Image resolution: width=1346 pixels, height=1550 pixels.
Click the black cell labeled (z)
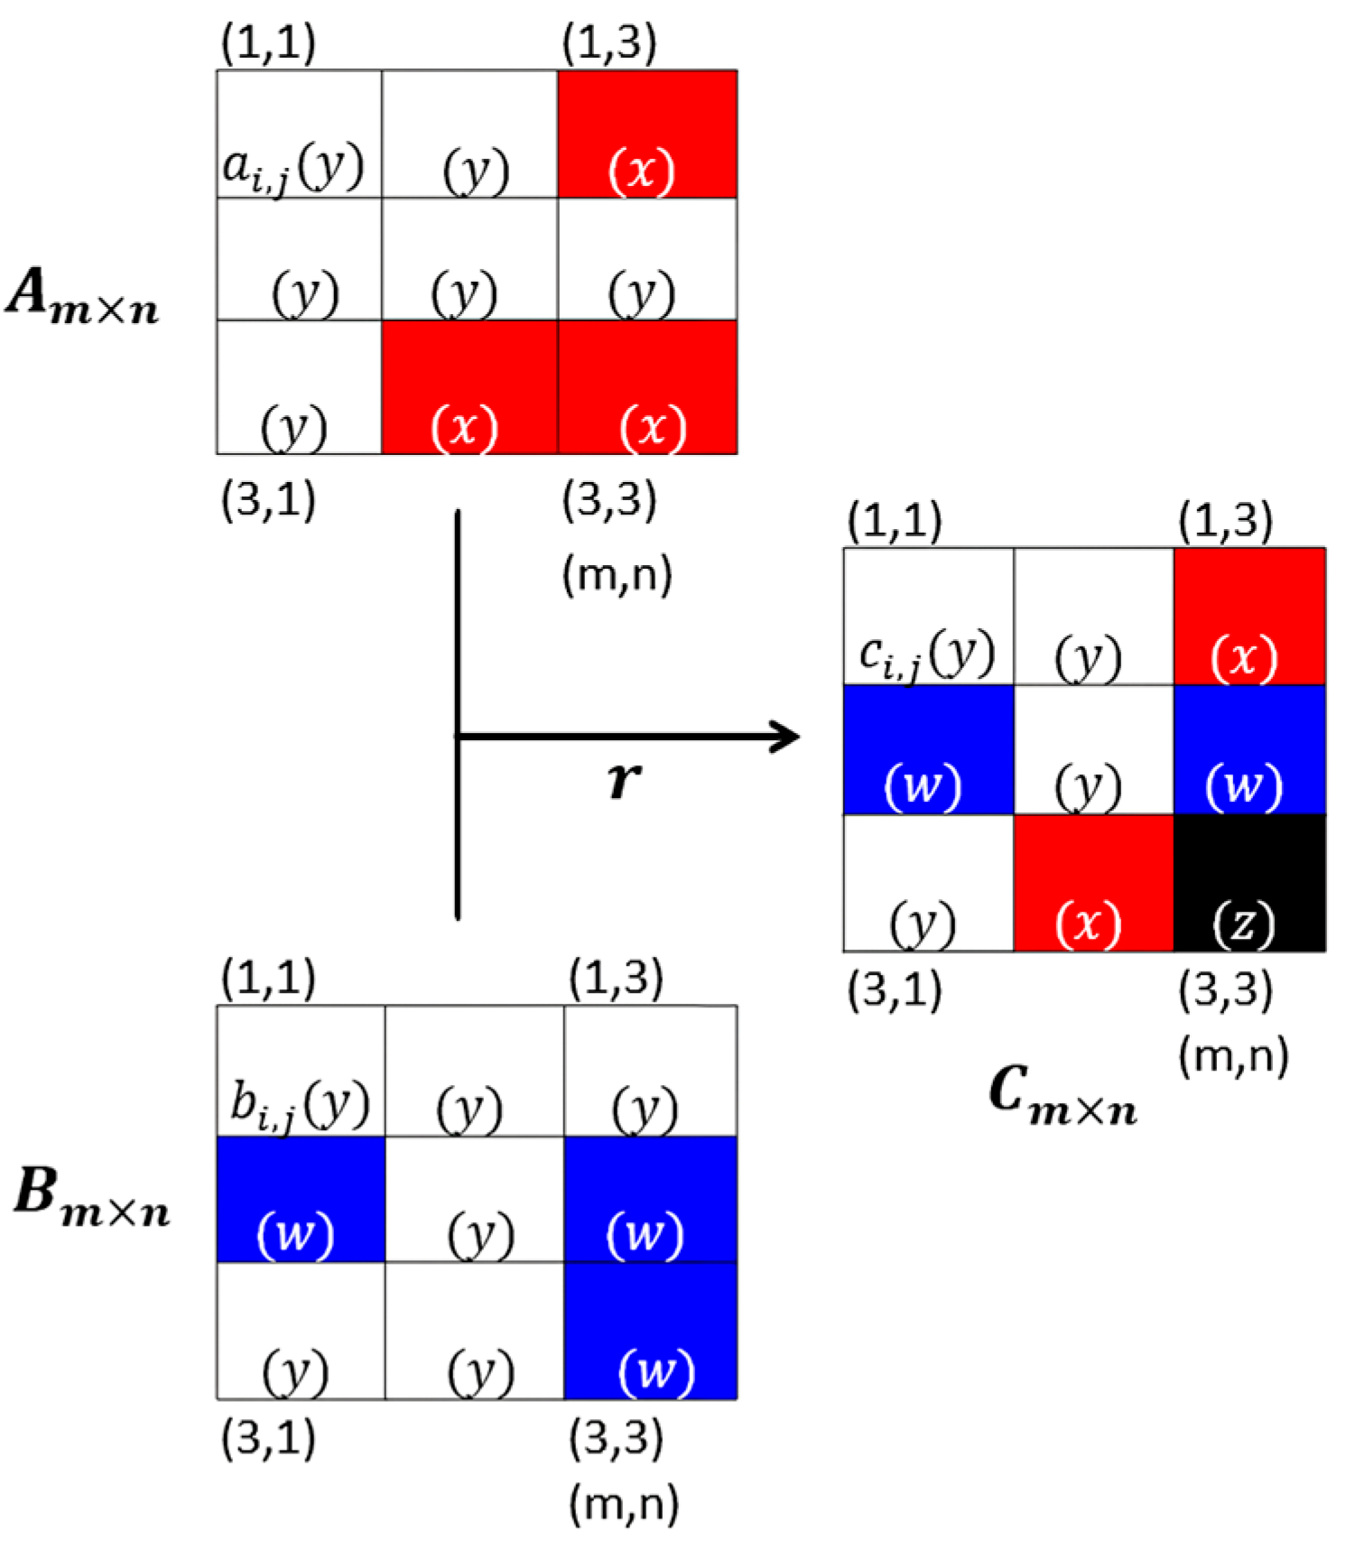pyautogui.click(x=1249, y=883)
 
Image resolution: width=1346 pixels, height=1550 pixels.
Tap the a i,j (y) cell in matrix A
pyautogui.click(x=299, y=134)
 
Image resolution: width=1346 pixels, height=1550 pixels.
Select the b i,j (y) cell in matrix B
pyautogui.click(x=301, y=1071)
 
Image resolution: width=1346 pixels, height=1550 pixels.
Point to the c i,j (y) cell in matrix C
pyautogui.click(x=928, y=617)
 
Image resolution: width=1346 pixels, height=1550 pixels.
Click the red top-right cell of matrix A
pyautogui.click(x=647, y=134)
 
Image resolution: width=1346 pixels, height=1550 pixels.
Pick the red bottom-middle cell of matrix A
pyautogui.click(x=469, y=386)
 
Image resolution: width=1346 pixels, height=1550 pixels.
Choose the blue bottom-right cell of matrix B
pyautogui.click(x=650, y=1331)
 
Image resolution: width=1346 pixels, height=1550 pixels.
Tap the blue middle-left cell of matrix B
pyautogui.click(x=301, y=1199)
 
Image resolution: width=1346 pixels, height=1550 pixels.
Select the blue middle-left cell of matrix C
pyautogui.click(x=928, y=749)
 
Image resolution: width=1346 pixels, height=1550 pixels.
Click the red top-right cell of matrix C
pyautogui.click(x=1249, y=617)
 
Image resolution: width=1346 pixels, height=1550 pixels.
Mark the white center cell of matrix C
pyautogui.click(x=1093, y=749)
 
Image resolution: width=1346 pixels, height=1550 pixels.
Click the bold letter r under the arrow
pyautogui.click(x=623, y=778)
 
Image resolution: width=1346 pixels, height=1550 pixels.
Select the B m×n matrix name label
pyautogui.click(x=90, y=1196)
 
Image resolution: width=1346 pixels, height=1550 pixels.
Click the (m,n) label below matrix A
pyautogui.click(x=617, y=574)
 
